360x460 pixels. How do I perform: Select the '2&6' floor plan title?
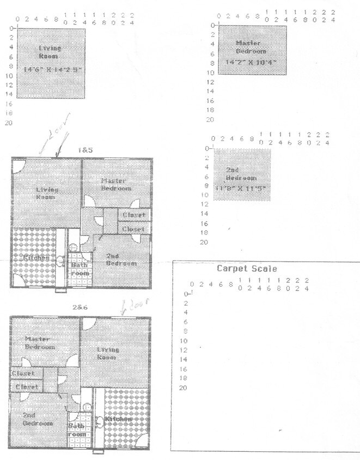(x=80, y=307)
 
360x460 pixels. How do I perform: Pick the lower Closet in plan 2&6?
(x=27, y=386)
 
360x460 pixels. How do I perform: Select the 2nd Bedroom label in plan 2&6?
(x=38, y=419)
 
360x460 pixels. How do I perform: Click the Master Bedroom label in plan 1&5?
(x=115, y=184)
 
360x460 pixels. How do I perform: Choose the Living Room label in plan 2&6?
(x=107, y=353)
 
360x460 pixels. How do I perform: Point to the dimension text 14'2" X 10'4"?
(x=251, y=62)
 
